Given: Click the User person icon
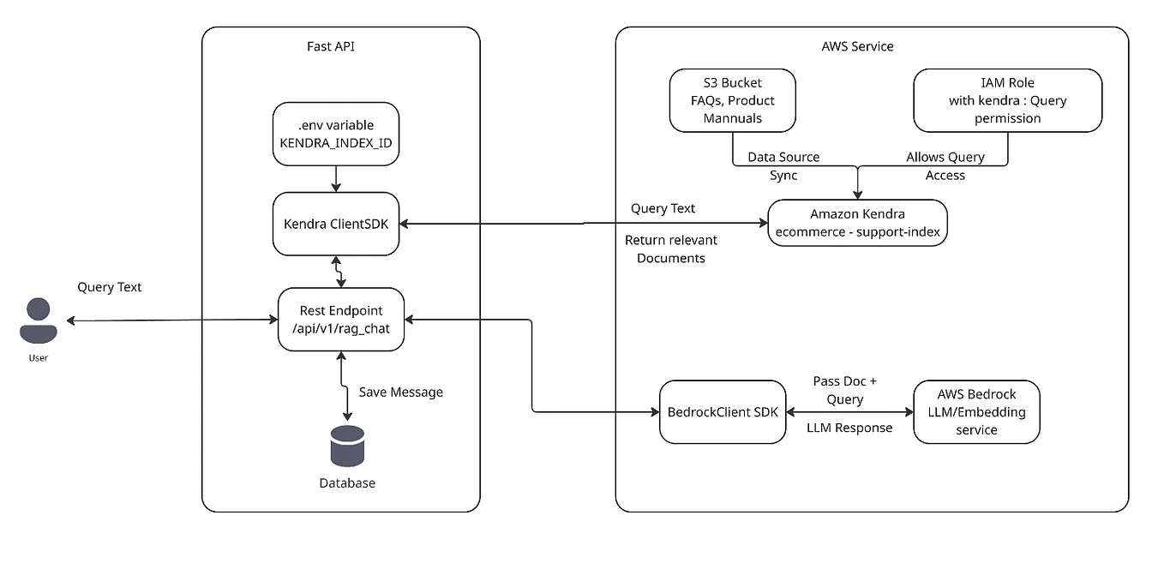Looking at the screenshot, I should [38, 320].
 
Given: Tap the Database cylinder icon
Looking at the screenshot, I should [347, 446].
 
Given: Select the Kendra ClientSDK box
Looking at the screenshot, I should [336, 224].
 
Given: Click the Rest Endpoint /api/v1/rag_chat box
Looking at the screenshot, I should [341, 320].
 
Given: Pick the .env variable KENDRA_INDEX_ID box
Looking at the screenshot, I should [336, 134].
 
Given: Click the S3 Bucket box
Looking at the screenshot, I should [732, 100].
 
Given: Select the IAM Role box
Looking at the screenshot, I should [1007, 100].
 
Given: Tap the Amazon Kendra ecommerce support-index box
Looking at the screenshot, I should [857, 223].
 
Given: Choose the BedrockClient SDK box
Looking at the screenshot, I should [723, 411].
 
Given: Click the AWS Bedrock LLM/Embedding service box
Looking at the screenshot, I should [976, 411].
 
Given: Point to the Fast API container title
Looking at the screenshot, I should [331, 46].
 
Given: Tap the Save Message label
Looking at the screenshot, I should [400, 392].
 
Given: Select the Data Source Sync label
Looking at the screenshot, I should [783, 166].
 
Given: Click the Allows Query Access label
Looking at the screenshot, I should [945, 166].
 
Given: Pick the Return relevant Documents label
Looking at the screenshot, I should [671, 249].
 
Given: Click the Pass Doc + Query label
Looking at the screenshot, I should [844, 390].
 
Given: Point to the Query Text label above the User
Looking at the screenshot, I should [110, 287].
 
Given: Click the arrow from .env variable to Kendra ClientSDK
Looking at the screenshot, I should [336, 178].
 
